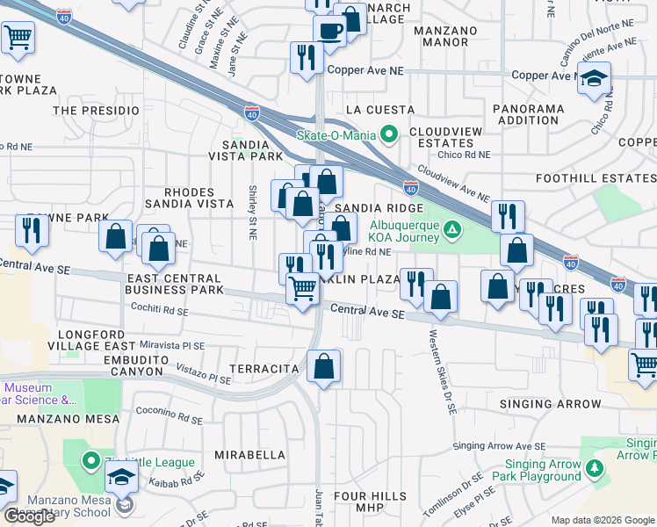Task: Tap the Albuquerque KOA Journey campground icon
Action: [451, 231]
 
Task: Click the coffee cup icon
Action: [329, 32]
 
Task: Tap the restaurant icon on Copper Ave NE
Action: [305, 58]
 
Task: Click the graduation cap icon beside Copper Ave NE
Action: [594, 79]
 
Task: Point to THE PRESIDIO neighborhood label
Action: [97, 111]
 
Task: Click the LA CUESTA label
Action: [379, 110]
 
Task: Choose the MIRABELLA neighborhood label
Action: [250, 455]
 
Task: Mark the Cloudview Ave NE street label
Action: [452, 184]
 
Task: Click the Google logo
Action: [30, 516]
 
